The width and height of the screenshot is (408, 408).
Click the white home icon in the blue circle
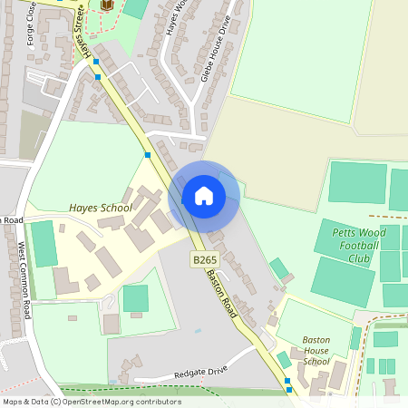pos(204,196)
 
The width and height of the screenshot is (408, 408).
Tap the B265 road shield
pos(204,260)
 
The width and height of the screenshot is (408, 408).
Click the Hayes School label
pos(101,208)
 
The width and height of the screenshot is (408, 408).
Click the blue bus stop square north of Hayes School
pos(147,155)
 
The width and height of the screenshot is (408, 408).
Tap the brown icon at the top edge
pos(108,5)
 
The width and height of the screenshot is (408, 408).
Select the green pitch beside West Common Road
pos(44,243)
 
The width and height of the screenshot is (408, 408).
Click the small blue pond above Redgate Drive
pos(197,330)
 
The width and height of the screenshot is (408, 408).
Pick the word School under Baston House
pos(316,361)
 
